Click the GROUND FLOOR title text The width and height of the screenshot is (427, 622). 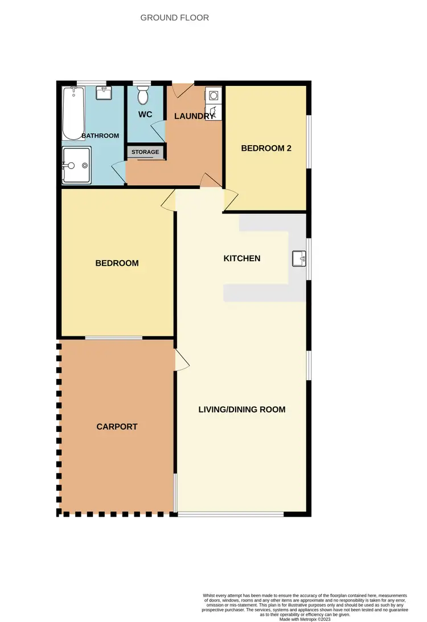click(x=175, y=18)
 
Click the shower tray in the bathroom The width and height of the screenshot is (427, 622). click(x=76, y=166)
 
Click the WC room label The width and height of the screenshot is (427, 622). click(x=145, y=114)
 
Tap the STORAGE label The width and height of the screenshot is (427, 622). click(x=146, y=152)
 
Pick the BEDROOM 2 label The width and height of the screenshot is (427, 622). click(x=266, y=149)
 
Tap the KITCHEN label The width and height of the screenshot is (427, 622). click(x=241, y=258)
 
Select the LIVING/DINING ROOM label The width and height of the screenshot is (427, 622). click(x=241, y=409)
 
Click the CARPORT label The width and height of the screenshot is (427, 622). click(x=117, y=426)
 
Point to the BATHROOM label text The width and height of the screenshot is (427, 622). click(x=100, y=135)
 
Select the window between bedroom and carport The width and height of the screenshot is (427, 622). click(x=114, y=338)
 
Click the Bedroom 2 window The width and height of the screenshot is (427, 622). click(x=309, y=142)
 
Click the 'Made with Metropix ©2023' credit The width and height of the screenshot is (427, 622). click(x=305, y=619)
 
